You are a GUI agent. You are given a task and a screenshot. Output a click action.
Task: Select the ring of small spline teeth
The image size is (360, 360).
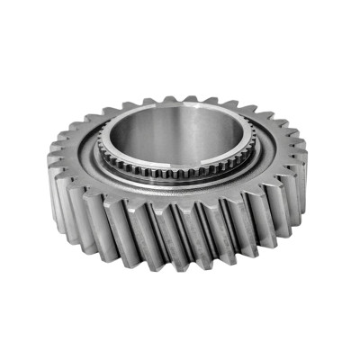click(x=180, y=172)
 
